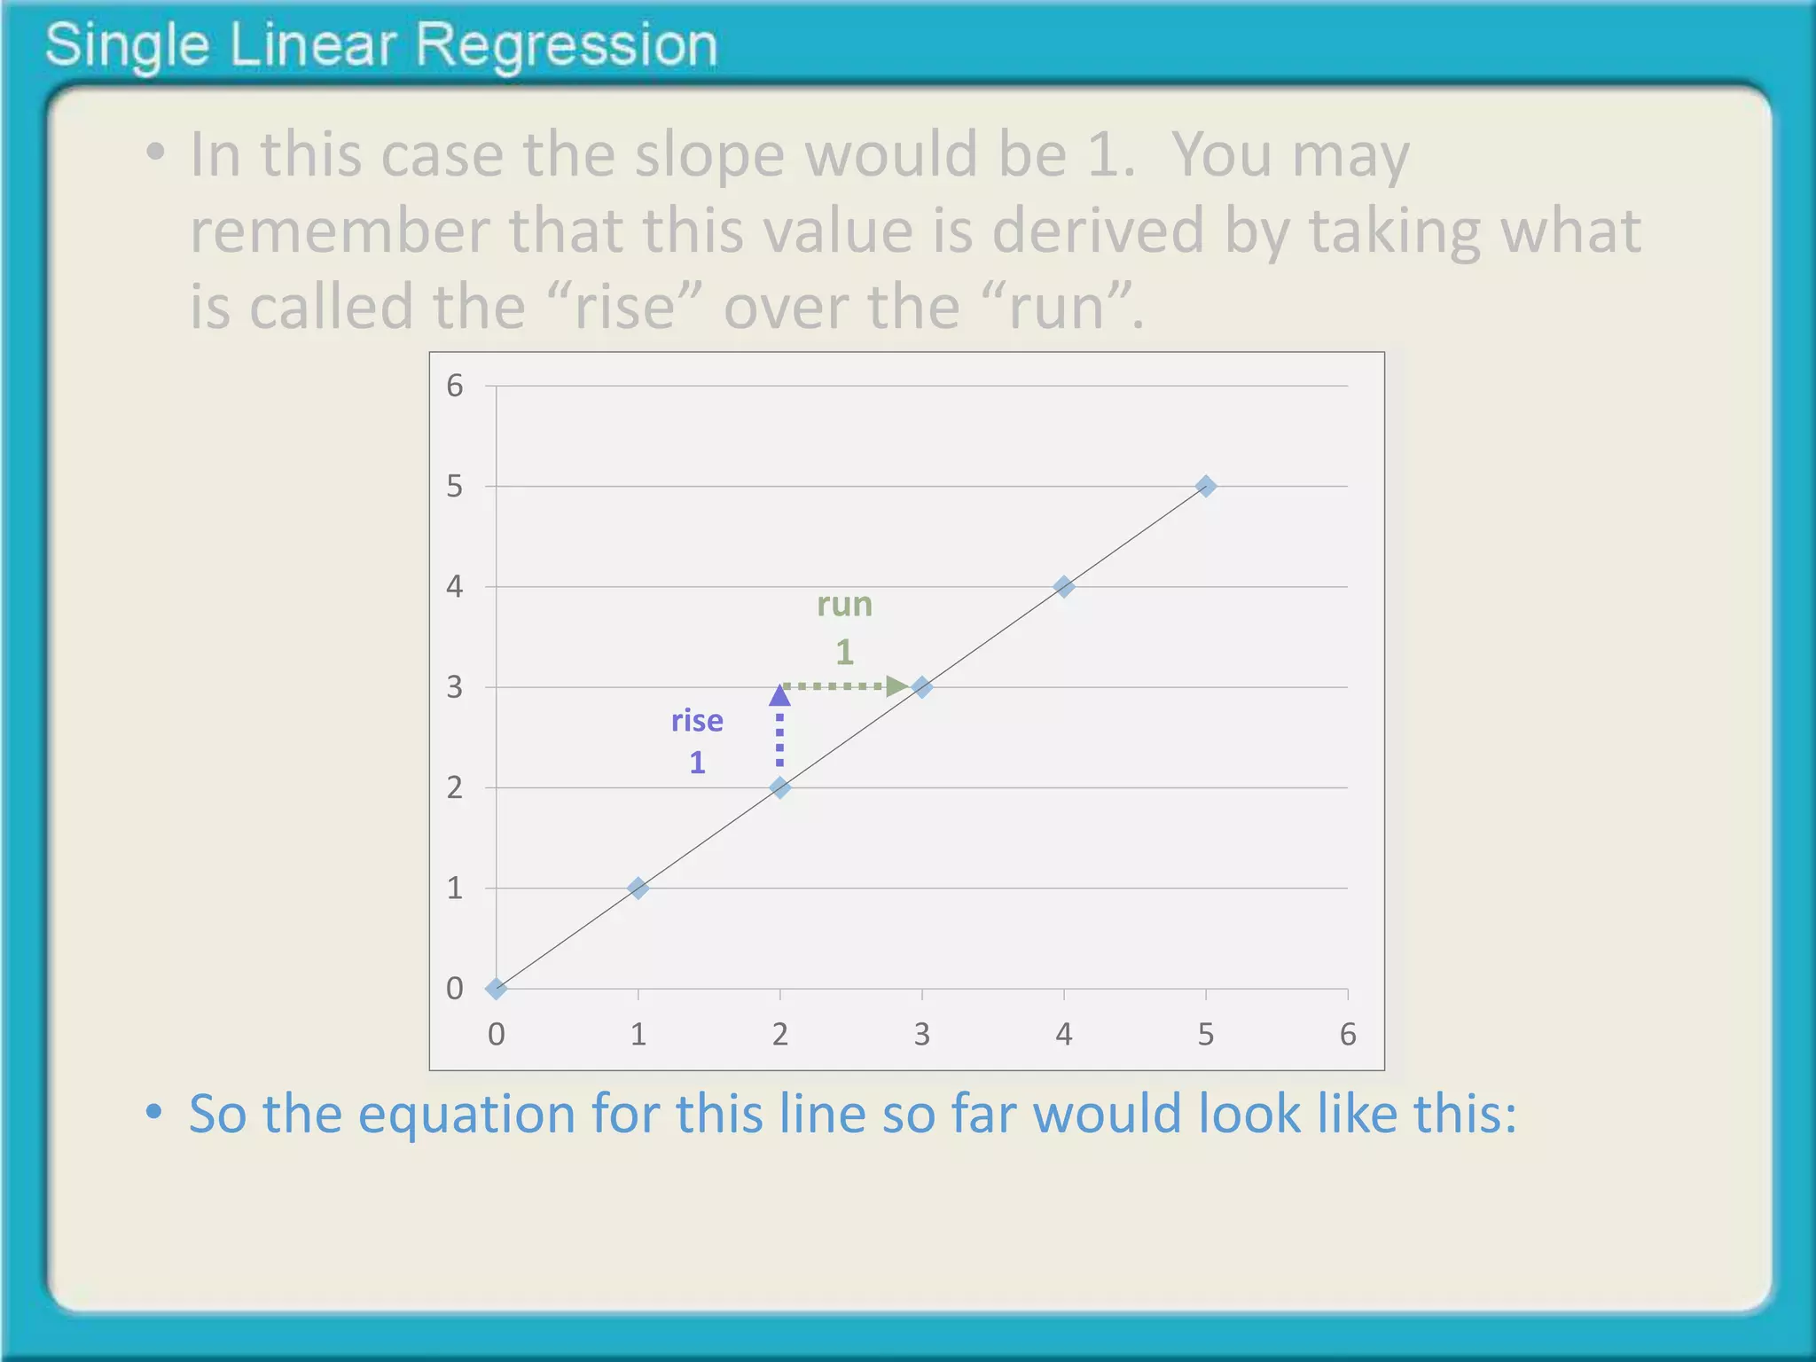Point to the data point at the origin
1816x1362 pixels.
497,989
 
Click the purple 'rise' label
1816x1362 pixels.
697,721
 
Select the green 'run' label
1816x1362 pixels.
844,605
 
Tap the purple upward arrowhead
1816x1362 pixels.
779,695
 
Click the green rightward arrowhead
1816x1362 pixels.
896,686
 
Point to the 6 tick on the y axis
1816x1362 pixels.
455,386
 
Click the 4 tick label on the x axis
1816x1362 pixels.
1064,1035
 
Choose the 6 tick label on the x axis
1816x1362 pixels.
1348,1035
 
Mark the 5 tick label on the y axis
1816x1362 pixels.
455,486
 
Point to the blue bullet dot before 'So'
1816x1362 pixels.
154,1112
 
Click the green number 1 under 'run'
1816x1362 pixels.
844,653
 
